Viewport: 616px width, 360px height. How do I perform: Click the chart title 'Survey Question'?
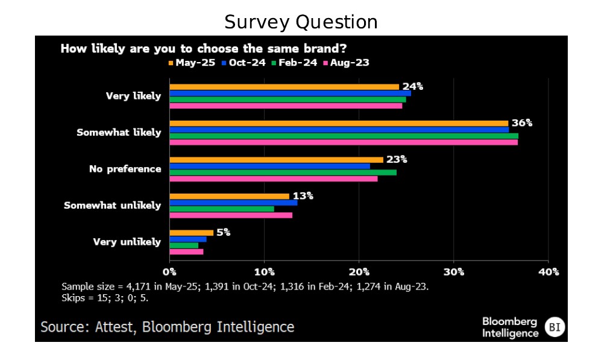point(301,22)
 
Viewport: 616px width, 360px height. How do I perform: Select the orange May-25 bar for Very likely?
point(284,87)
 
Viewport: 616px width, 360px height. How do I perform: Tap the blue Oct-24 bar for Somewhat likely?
point(339,130)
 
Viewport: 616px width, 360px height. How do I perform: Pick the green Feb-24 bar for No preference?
point(283,172)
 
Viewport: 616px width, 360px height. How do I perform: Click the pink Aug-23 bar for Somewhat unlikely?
point(231,215)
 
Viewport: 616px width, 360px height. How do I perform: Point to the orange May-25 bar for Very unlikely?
point(191,232)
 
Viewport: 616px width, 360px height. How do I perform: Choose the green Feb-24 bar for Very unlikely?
point(184,245)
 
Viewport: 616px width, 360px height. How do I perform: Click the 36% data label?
point(522,123)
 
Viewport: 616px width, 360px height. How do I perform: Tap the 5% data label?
point(224,232)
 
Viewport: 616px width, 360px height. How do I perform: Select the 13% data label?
point(303,196)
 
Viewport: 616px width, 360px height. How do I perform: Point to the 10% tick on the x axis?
point(264,272)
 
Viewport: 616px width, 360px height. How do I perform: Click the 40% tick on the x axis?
point(548,272)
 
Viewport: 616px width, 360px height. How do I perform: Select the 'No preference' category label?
point(125,169)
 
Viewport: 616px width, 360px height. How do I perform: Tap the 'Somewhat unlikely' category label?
point(112,206)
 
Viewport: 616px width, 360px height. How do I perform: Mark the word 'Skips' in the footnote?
point(73,298)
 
